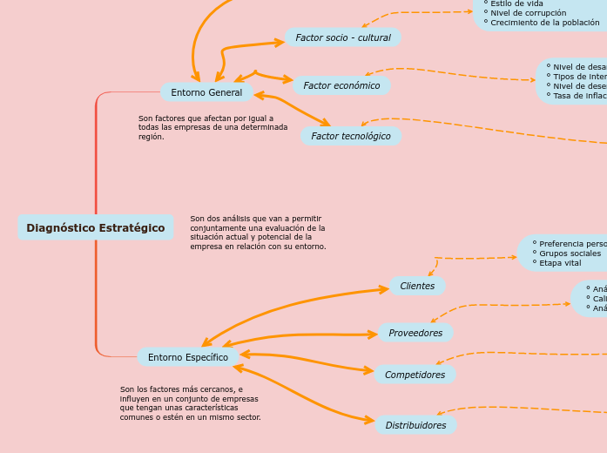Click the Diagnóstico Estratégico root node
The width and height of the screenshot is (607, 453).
95,228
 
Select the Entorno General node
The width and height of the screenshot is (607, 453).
206,92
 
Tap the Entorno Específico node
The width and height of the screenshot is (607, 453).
188,357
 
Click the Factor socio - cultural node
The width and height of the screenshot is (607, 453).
343,37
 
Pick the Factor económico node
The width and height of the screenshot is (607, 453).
341,85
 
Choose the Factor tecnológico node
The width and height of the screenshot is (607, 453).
351,136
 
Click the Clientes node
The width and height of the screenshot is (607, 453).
417,286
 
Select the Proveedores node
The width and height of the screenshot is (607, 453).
415,333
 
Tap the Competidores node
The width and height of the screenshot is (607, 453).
415,375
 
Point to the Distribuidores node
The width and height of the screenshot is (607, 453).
415,425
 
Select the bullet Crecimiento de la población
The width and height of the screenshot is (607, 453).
544,23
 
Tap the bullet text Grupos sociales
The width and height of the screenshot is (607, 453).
570,254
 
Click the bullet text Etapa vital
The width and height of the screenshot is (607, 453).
560,263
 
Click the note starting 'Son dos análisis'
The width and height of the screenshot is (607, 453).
258,233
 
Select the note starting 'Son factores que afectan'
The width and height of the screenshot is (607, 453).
212,127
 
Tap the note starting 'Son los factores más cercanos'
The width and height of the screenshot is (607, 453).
190,403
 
